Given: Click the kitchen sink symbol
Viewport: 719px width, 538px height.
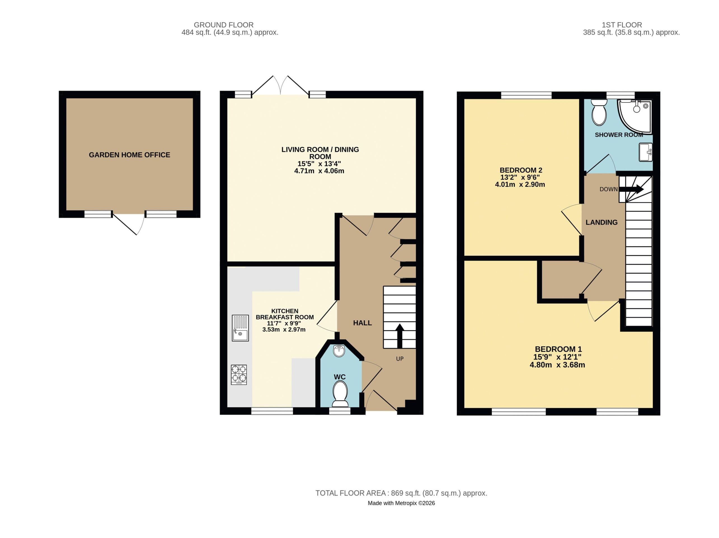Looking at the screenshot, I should (240, 328).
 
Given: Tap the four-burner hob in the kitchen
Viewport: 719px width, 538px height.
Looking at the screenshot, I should (239, 375).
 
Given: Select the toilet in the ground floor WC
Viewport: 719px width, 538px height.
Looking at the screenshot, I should (340, 393).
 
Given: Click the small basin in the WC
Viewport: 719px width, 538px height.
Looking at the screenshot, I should (339, 351).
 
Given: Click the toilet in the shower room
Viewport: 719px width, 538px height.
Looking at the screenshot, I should (599, 113).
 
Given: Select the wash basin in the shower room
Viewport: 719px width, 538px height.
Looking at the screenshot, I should (645, 152).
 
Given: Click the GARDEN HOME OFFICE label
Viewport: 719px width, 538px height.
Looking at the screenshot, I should (129, 155).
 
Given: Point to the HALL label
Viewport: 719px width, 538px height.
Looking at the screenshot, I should (362, 323).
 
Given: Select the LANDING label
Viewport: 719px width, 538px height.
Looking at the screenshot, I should (601, 222).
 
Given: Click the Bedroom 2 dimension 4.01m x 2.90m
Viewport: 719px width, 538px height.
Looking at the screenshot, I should (520, 185).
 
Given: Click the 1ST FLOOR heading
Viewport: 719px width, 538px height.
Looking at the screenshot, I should (621, 25).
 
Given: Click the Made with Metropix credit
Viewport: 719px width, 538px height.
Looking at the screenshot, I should (401, 503).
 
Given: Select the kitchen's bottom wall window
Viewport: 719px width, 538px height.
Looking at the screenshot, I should (272, 411).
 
